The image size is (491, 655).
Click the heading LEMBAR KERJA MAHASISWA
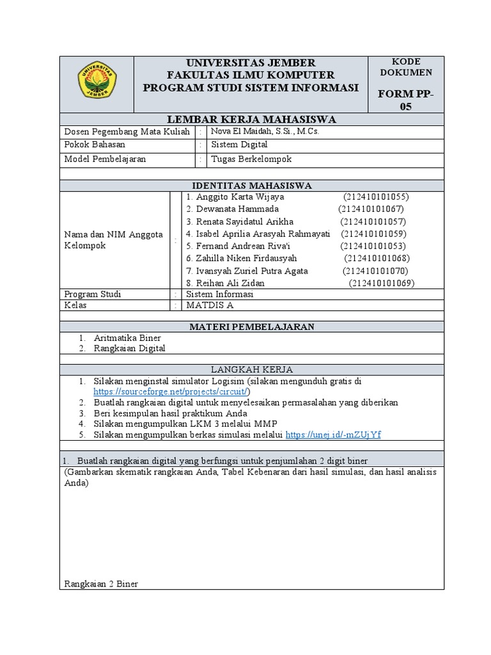click(x=251, y=120)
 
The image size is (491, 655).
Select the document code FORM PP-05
click(x=406, y=100)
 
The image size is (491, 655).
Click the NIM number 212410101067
click(x=371, y=209)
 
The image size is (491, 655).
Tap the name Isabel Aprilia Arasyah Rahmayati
click(x=258, y=233)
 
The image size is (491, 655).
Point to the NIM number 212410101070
click(x=375, y=271)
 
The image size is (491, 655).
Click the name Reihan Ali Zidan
click(x=225, y=283)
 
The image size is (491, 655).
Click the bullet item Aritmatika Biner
click(x=127, y=338)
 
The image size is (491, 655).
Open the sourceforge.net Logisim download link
click(x=172, y=391)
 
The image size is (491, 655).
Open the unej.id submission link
click(x=333, y=434)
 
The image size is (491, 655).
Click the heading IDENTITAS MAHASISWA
click(x=251, y=185)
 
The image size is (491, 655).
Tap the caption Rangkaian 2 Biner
click(x=101, y=583)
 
